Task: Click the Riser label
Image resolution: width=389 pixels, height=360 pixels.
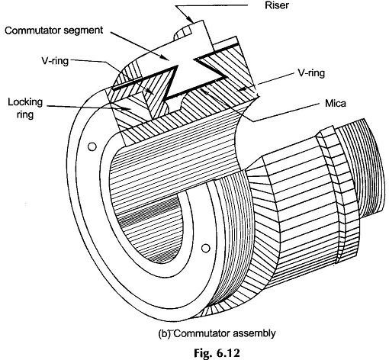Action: click(x=277, y=5)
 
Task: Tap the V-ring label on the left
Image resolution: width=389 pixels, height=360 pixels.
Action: click(x=55, y=61)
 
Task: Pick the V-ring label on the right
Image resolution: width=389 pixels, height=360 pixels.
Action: click(x=311, y=73)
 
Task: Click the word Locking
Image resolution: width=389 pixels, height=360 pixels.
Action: click(x=25, y=102)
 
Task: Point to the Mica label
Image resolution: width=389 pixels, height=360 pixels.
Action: click(x=336, y=104)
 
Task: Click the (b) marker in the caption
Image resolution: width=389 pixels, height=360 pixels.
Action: click(x=164, y=333)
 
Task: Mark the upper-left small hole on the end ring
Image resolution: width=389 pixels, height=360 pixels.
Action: click(x=92, y=146)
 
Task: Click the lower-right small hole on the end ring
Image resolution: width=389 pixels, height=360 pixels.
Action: click(x=205, y=248)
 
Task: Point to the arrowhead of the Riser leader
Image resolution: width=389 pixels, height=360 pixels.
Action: click(x=192, y=19)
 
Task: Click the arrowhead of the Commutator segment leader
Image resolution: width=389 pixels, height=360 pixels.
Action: click(x=166, y=58)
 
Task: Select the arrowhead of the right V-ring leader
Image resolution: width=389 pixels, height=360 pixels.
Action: click(x=240, y=89)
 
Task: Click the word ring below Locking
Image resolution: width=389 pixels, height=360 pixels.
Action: click(x=25, y=114)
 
